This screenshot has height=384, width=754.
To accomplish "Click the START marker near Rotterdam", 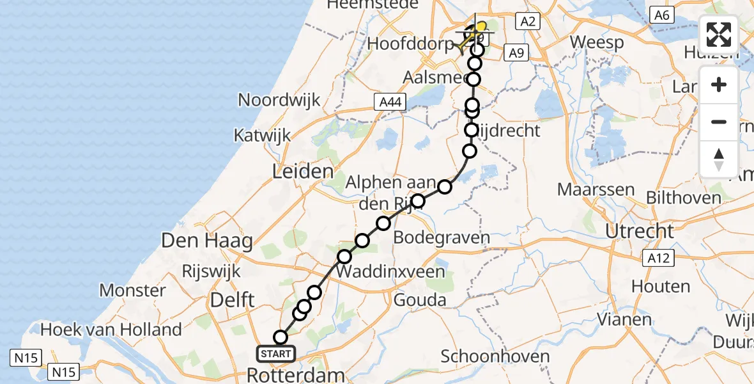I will click(276, 353).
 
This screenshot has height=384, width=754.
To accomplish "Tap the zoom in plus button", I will click(719, 85).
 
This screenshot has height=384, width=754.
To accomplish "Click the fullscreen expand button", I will click(719, 35).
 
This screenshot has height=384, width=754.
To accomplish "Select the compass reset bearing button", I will click(719, 159).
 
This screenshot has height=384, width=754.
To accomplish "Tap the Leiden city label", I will click(303, 171).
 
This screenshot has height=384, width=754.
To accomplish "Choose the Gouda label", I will click(420, 300).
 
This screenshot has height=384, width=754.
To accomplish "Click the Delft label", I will click(233, 299).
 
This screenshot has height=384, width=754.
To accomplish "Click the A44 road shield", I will click(389, 102).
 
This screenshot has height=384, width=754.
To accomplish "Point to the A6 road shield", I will click(661, 15).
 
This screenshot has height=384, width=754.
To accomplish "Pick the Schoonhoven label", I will click(495, 356).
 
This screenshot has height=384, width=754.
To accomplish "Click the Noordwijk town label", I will click(279, 100).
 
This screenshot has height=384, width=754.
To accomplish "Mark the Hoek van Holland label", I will click(111, 330).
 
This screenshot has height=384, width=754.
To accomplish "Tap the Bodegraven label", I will click(442, 237).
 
